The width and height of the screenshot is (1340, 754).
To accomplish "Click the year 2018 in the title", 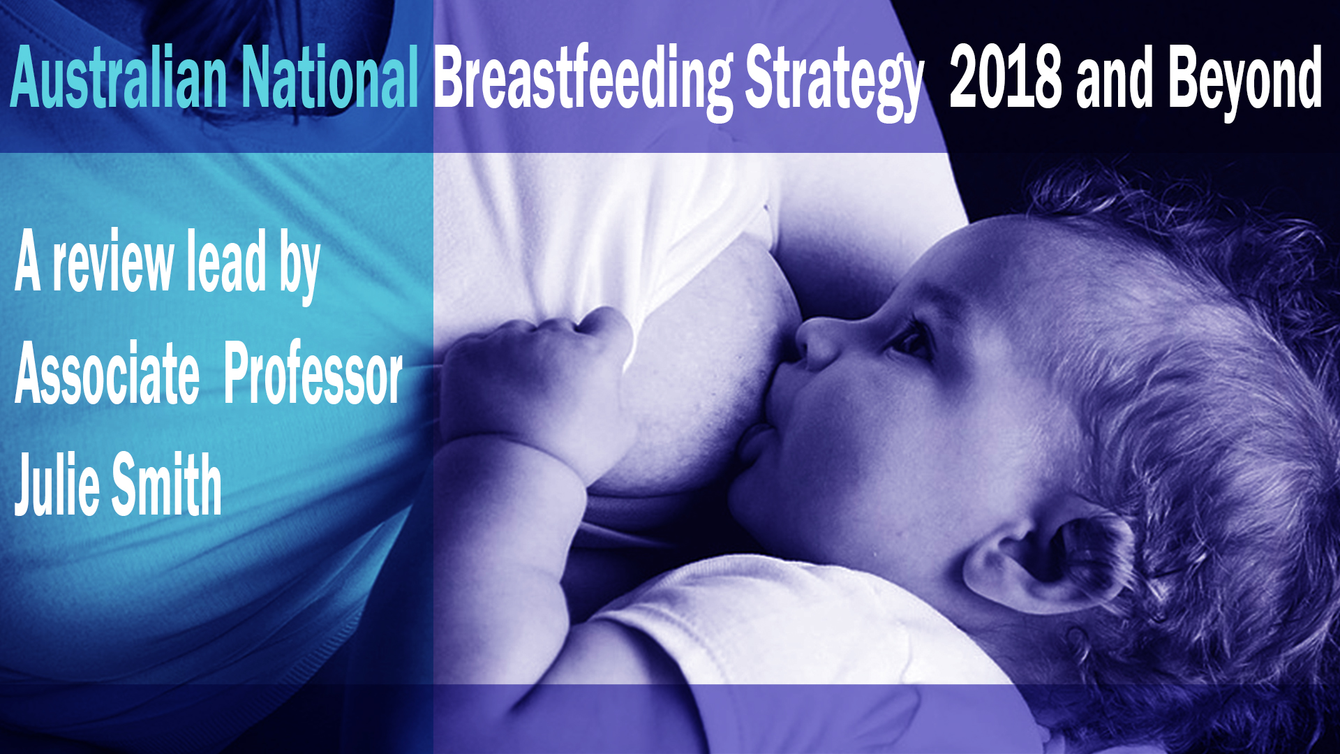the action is tap(1006, 77).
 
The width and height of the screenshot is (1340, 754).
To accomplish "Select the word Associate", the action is tap(107, 374).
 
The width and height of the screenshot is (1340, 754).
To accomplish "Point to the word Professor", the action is tap(313, 374).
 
